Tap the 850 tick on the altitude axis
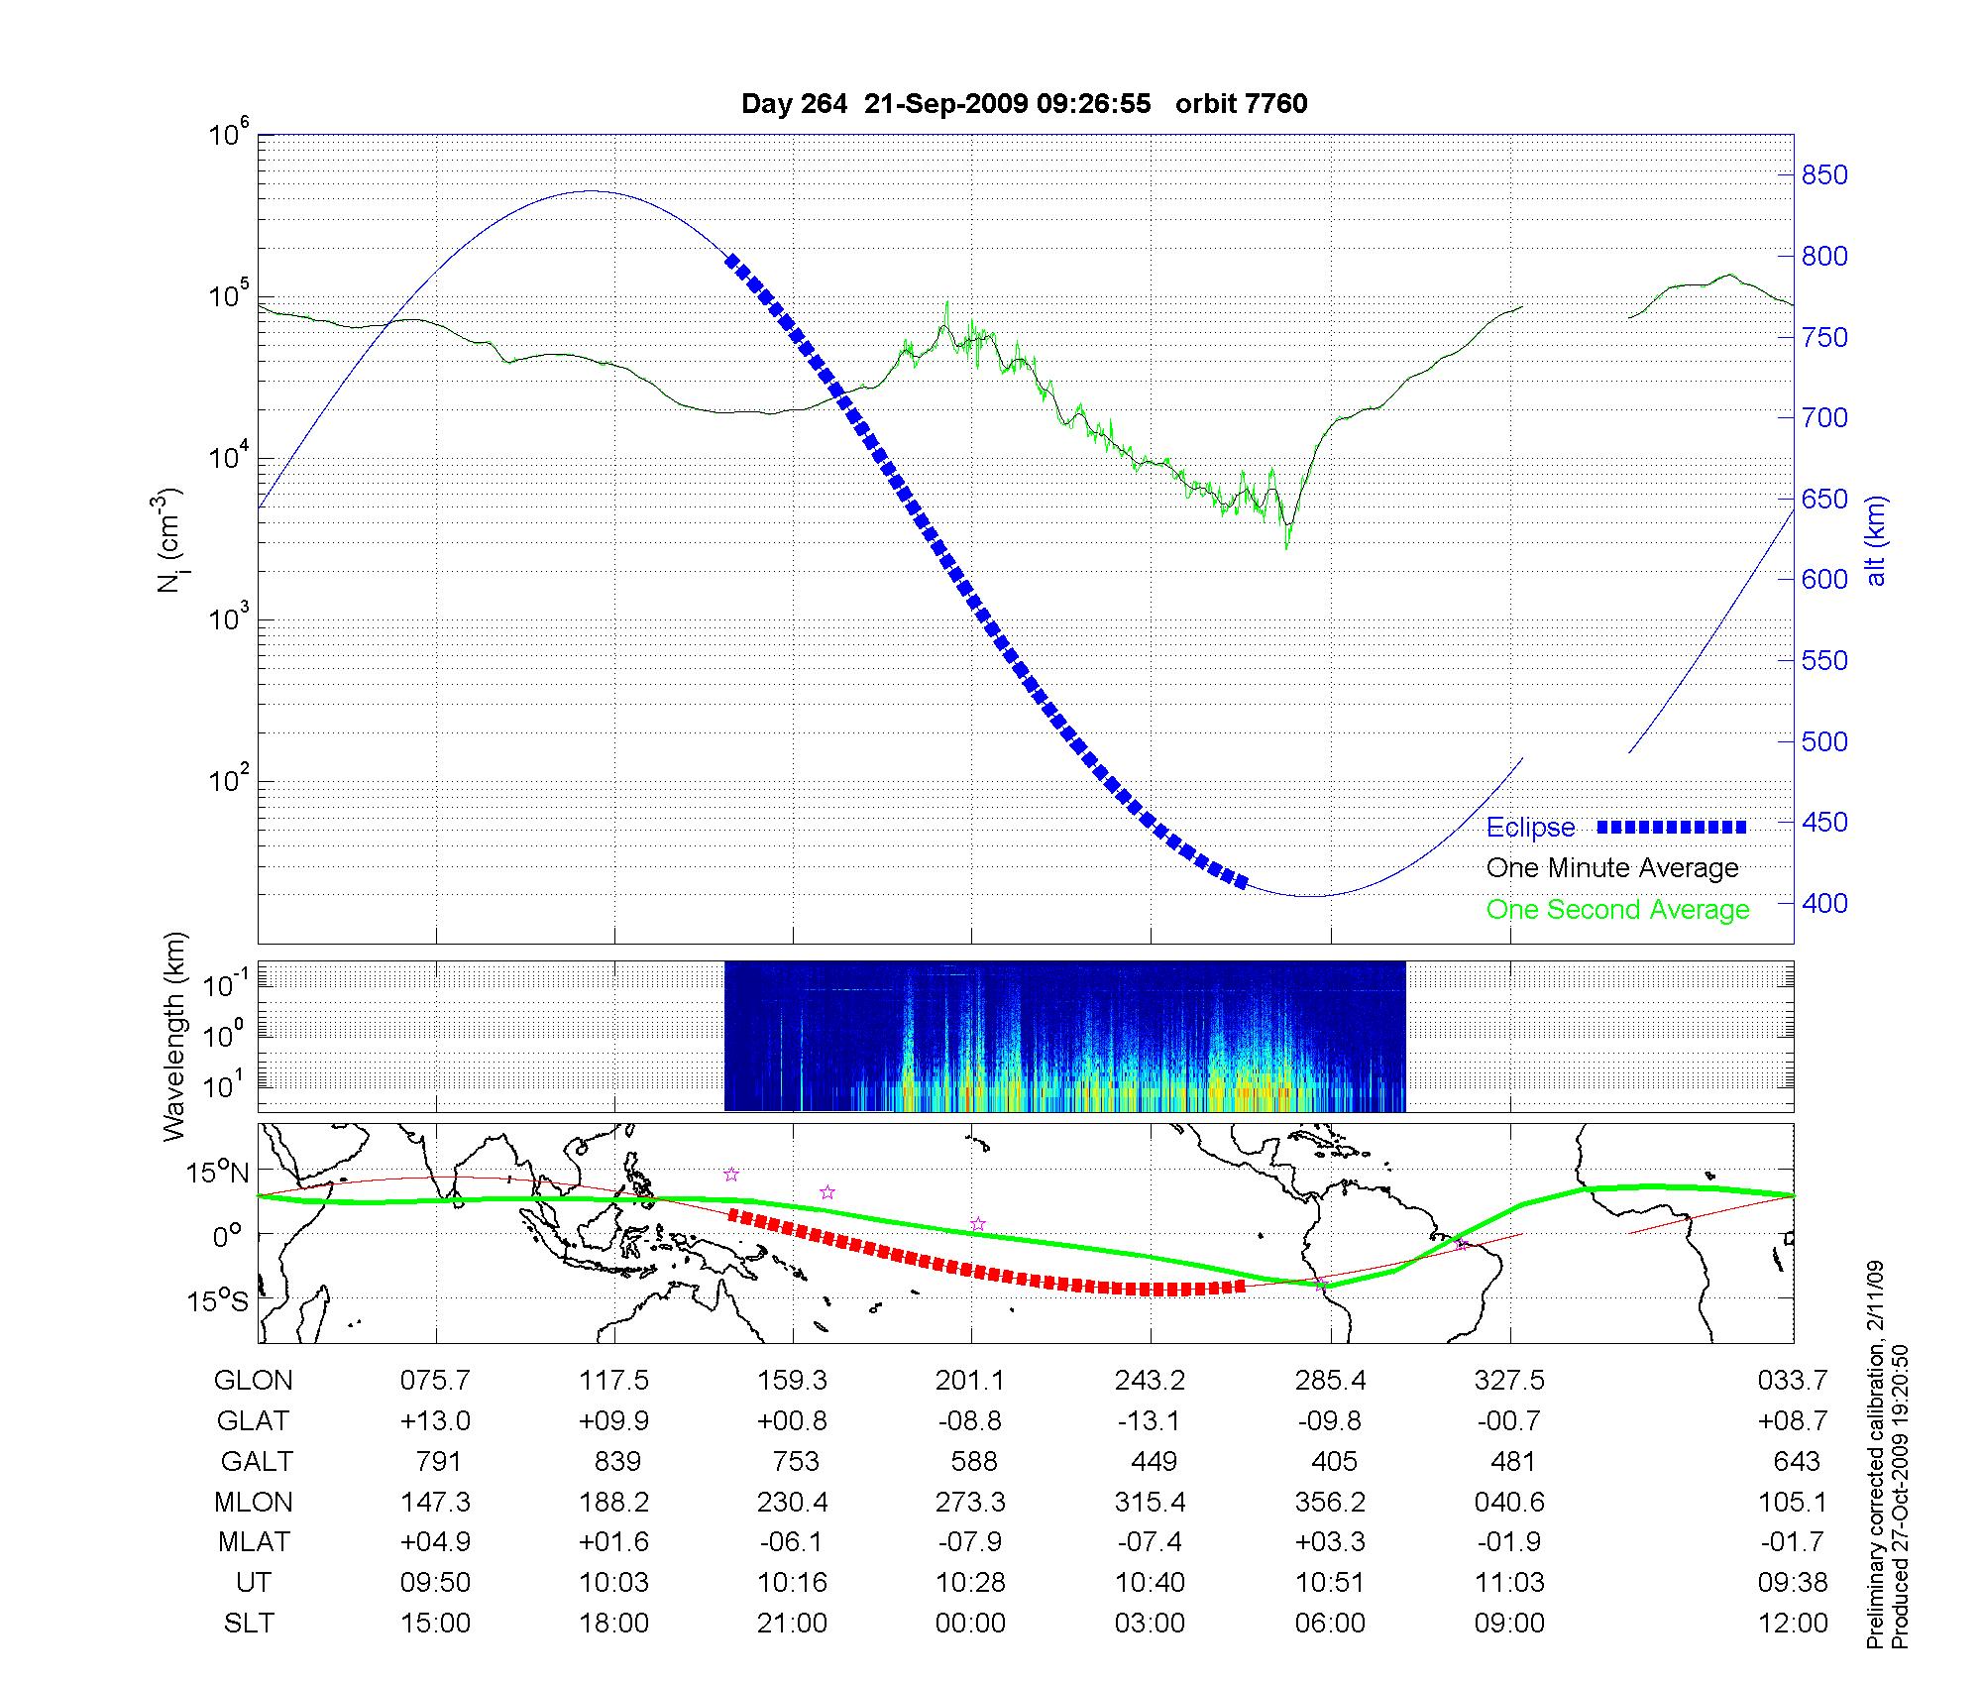coord(1824,175)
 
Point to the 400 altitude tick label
coord(1824,903)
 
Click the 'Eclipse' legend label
coord(1530,828)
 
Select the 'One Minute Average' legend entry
coord(1612,868)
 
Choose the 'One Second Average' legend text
coord(1617,910)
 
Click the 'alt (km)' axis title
coord(1876,540)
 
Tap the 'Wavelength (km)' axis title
coord(174,1036)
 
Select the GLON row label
coord(253,1381)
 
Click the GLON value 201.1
coord(970,1381)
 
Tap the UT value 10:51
coord(1330,1583)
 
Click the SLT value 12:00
coord(1793,1624)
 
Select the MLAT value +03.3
coord(1330,1542)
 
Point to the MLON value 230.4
coord(792,1503)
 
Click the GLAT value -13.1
coord(1150,1421)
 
